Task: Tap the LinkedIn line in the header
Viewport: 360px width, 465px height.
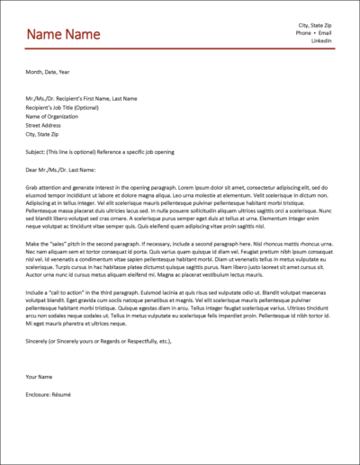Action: point(321,41)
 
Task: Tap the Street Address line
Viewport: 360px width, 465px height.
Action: point(46,125)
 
